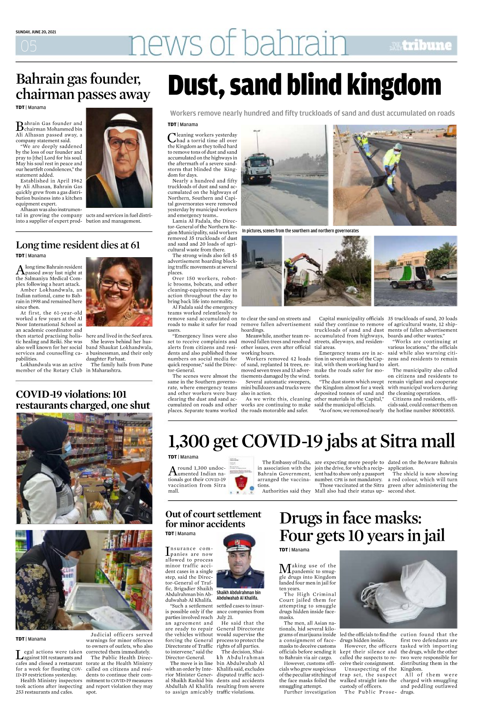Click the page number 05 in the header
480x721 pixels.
point(29,46)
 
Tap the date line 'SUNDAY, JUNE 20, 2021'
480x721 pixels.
point(36,32)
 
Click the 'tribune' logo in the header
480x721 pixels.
point(427,45)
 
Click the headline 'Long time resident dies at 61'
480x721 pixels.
point(78,245)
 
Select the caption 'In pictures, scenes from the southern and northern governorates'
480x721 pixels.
point(300,231)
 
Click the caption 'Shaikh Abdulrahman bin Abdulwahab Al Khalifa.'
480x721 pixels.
point(239,595)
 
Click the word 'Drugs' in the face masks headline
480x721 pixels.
point(305,518)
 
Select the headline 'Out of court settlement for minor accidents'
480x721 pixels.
point(213,519)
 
